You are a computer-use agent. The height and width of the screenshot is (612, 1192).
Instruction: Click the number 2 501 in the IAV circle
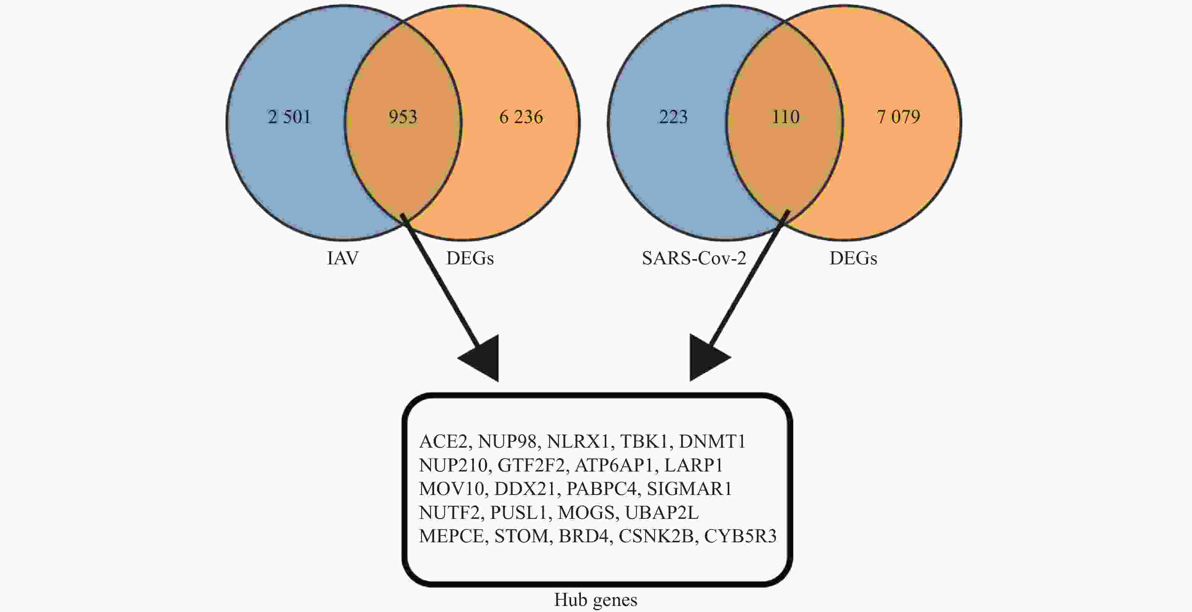tap(289, 117)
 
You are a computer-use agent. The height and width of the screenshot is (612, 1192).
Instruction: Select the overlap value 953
tap(403, 117)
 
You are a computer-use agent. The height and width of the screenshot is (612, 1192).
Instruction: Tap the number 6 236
tap(521, 117)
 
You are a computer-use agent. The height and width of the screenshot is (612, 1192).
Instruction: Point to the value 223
tap(673, 117)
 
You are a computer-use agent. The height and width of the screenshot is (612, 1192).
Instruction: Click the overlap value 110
tap(785, 117)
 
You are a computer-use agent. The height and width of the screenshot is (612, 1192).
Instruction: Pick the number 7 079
tap(898, 117)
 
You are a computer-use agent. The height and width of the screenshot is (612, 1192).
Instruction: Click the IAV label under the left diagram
tap(342, 258)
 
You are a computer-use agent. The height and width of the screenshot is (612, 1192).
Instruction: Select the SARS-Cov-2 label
tap(694, 258)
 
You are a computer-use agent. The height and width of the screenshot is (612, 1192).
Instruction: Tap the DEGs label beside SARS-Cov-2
tap(853, 258)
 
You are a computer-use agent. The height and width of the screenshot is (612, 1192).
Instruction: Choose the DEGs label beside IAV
tap(470, 258)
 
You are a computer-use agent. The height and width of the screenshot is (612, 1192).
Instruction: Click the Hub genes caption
tap(596, 600)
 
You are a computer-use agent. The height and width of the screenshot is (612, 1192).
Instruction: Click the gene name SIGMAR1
tap(689, 489)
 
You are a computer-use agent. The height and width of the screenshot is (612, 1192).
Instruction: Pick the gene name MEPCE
tap(451, 536)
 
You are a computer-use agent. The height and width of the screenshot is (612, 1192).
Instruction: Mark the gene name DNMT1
tap(712, 442)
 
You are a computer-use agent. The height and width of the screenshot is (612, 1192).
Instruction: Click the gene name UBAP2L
tap(662, 512)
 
